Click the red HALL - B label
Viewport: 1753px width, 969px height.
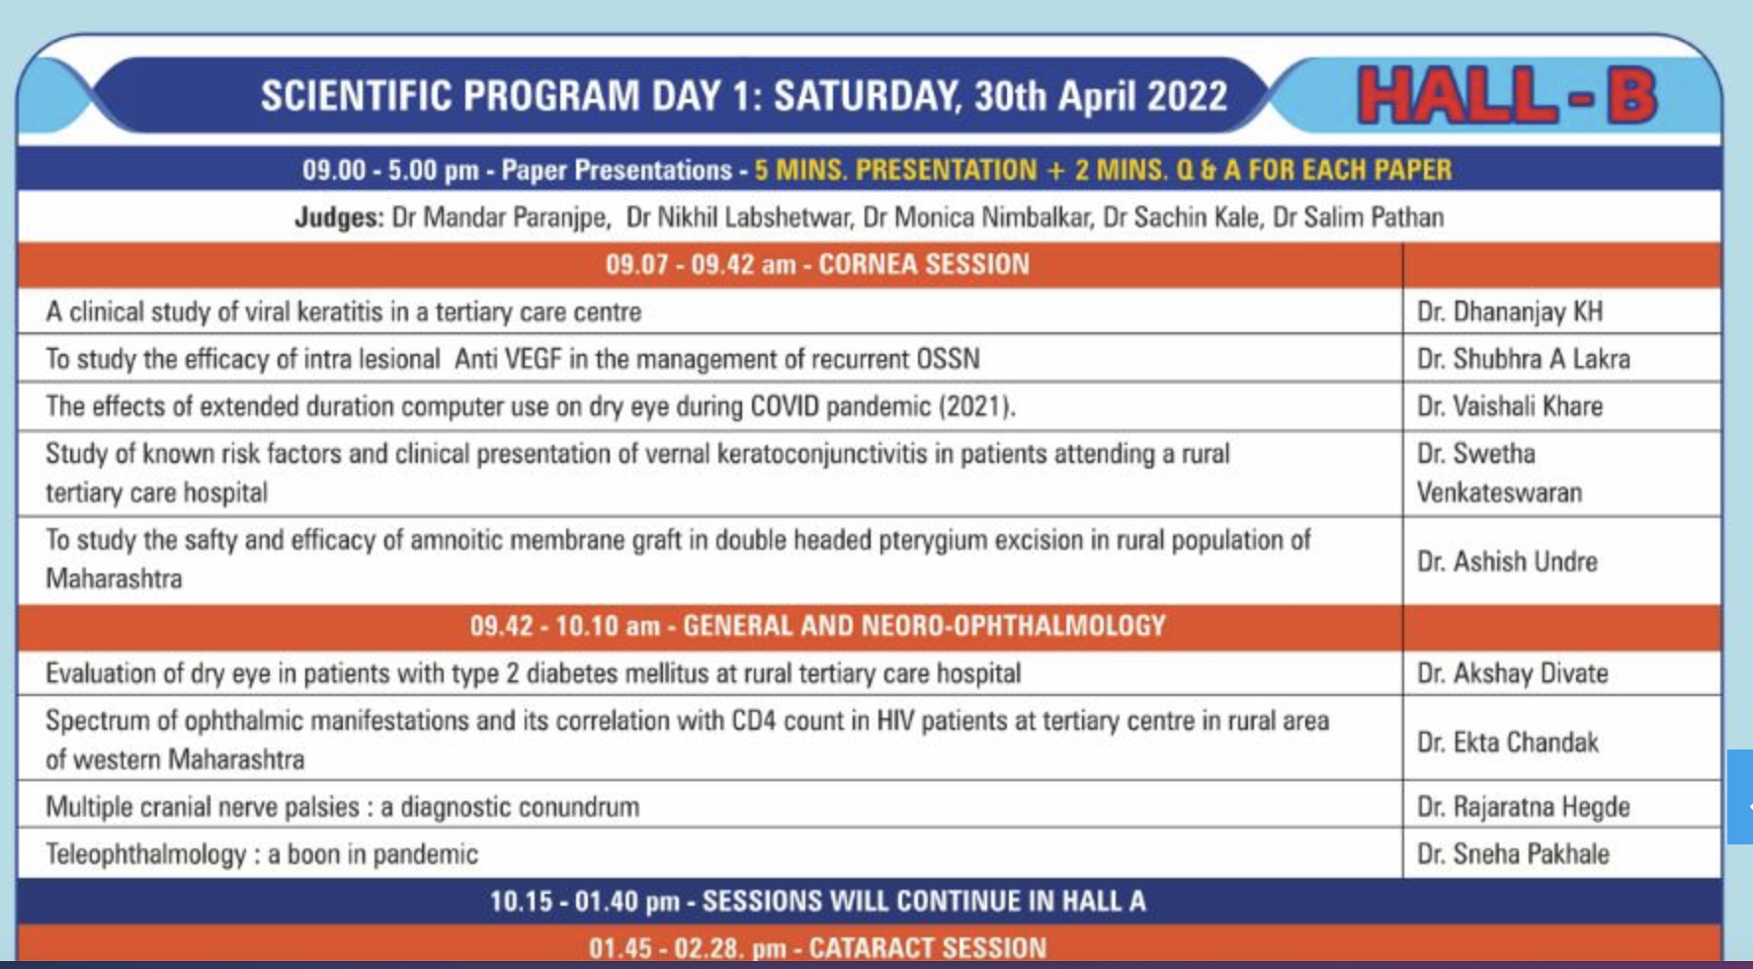1506,96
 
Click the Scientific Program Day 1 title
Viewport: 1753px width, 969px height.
743,97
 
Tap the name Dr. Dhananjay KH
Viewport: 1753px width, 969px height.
1510,312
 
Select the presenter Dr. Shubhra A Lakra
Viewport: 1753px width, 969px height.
1523,359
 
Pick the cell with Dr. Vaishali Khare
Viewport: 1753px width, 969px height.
1510,406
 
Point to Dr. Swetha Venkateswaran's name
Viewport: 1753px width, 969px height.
1499,473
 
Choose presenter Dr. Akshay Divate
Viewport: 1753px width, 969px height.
1513,673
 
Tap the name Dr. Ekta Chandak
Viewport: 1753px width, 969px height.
1508,743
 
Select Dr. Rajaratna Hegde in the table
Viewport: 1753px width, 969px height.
1524,807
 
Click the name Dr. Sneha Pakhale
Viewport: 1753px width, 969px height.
1513,854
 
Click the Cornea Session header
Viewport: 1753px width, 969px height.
817,265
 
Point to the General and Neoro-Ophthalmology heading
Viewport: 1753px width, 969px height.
817,626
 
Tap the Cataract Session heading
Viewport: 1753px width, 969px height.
817,948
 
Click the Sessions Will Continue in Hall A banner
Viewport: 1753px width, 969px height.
817,902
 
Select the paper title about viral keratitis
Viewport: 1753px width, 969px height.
343,312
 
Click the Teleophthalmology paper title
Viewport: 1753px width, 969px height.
262,854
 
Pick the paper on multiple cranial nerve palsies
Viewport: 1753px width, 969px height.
342,807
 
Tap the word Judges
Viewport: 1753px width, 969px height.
339,218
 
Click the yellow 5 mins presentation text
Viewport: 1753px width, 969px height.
1103,170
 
